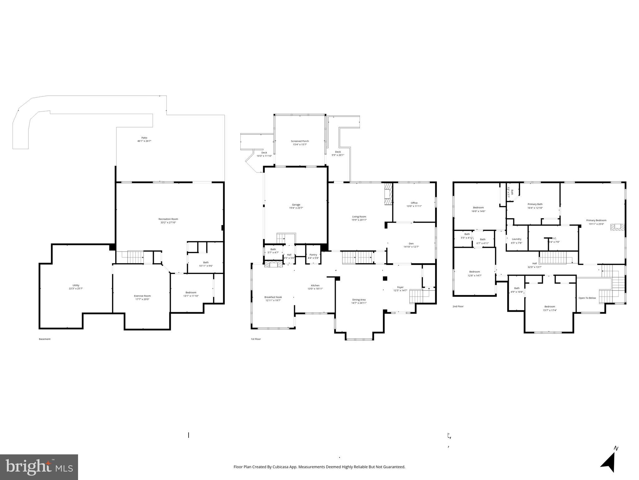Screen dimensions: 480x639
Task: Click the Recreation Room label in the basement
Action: coord(168,219)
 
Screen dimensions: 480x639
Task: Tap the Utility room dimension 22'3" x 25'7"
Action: coord(76,289)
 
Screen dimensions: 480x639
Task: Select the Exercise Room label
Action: coord(142,296)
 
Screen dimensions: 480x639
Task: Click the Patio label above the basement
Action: coord(144,137)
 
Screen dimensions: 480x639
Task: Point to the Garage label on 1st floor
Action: coord(296,205)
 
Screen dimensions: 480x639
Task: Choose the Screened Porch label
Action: coord(300,141)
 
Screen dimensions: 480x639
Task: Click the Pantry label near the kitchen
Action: coord(313,255)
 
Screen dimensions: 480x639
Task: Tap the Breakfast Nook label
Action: coord(273,297)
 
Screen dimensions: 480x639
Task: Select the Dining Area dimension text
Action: coord(359,303)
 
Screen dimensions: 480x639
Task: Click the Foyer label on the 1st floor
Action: coord(400,287)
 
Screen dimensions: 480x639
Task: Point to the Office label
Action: coord(414,203)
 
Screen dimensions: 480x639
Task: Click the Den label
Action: coord(411,243)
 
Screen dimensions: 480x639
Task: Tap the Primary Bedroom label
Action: coord(596,220)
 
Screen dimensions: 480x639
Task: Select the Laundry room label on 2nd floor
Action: coord(516,239)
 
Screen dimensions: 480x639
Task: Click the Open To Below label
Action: coord(587,298)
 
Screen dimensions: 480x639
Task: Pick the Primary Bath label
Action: coord(535,204)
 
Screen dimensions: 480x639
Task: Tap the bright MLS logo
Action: coord(39,467)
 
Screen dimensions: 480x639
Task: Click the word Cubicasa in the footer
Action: coord(280,467)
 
